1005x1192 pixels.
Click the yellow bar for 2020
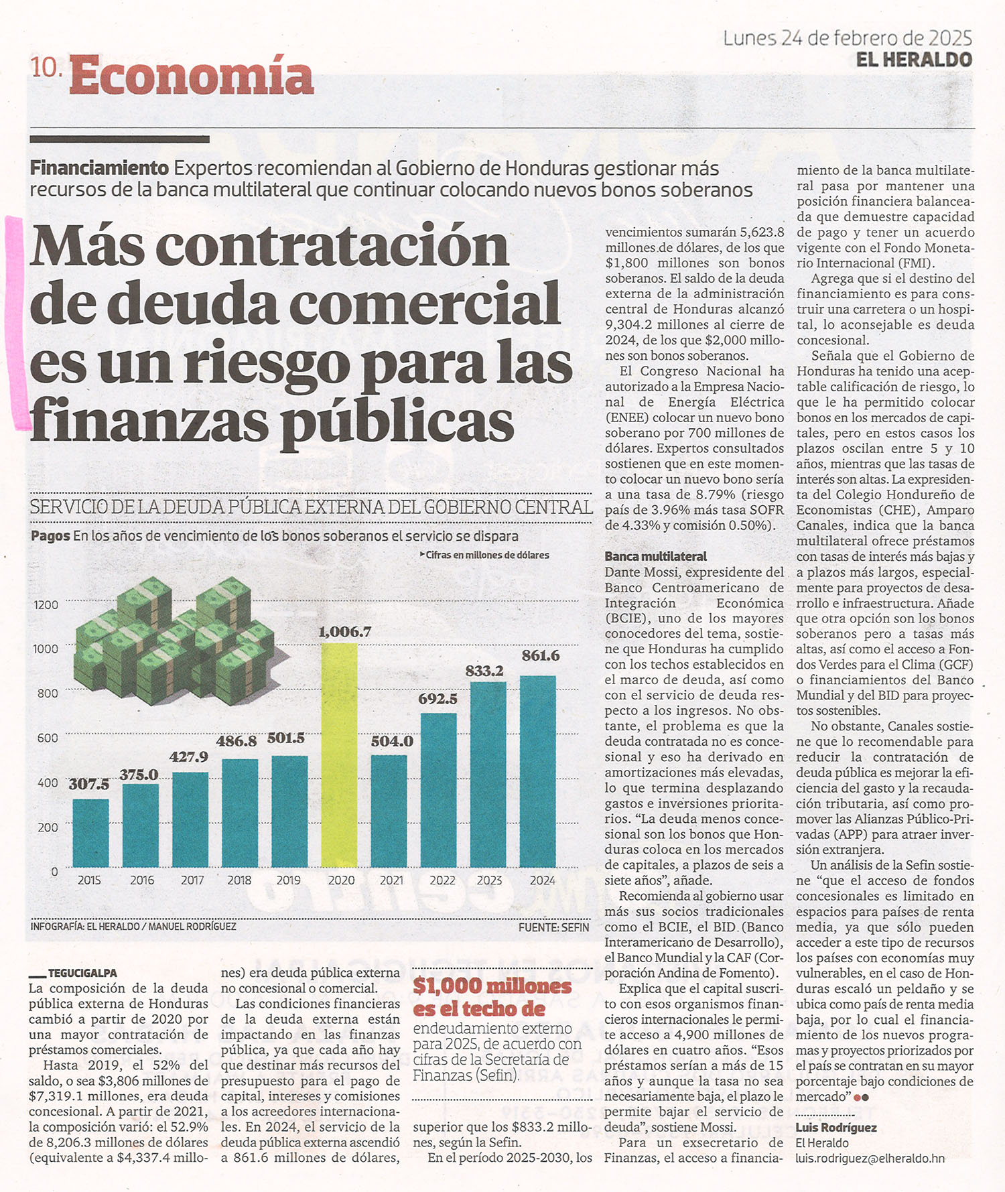pos(339,755)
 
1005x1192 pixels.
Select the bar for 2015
pos(90,833)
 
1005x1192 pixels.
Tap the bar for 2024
pos(538,771)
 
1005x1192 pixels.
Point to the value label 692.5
pos(438,699)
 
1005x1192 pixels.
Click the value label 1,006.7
pos(344,631)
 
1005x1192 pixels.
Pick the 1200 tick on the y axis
pos(46,605)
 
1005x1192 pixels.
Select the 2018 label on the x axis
pos(239,880)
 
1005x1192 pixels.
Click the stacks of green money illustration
pos(173,641)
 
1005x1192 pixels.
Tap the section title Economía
pos(191,76)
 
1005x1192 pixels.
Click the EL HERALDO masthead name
pos(914,60)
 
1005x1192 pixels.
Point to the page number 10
pos(46,67)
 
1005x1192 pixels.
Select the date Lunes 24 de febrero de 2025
pos(848,38)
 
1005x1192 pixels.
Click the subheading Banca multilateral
pos(655,556)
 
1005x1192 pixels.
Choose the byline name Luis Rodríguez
pos(836,1128)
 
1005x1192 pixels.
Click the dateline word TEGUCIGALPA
pos(82,973)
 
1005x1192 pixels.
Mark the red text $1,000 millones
pos(492,986)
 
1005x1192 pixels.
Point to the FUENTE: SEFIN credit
pos(553,927)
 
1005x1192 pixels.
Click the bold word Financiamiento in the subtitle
pos(99,168)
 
